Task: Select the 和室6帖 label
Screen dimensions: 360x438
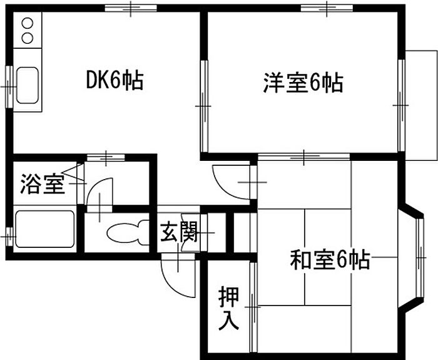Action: coord(329,259)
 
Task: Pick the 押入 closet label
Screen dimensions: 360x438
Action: coord(228,308)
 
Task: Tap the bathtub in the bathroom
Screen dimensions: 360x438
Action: coord(44,230)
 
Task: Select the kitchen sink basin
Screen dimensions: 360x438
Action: coord(28,85)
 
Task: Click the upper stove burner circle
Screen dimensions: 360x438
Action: coord(28,24)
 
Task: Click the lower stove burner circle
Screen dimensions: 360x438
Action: coord(28,38)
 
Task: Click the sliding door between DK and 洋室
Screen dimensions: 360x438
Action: coord(203,106)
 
